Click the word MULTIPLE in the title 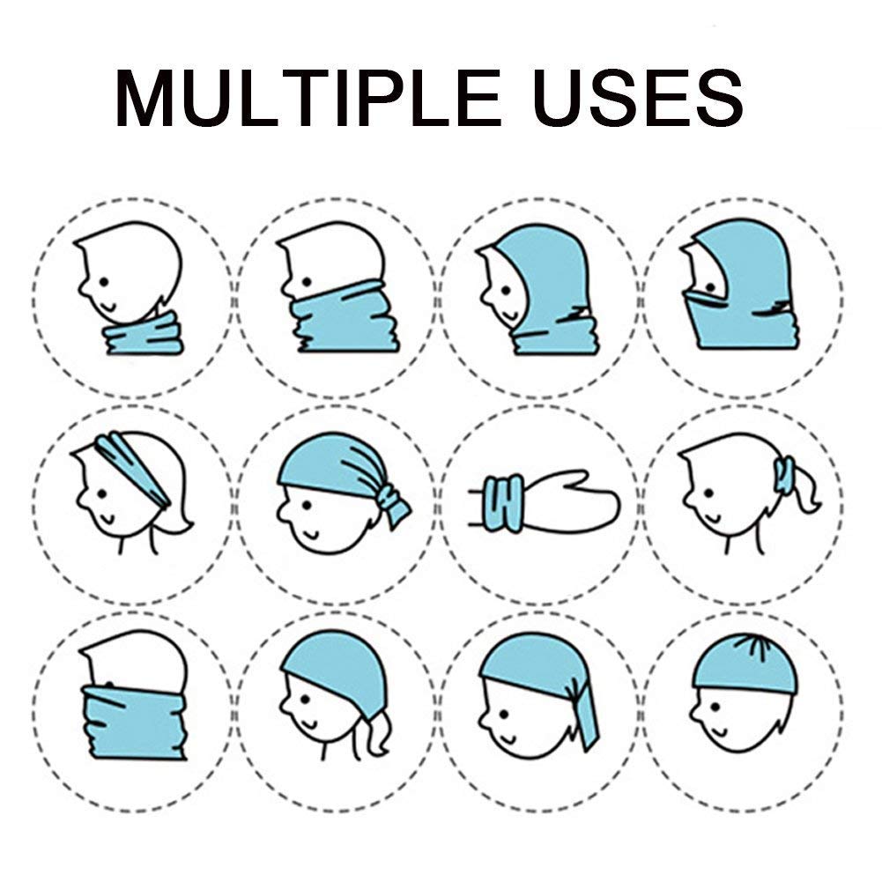308,98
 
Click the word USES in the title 639,98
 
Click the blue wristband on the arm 503,503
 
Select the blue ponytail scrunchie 783,475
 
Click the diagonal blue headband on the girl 132,470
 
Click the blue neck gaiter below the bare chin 145,334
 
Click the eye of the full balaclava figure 710,288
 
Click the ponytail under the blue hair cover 374,736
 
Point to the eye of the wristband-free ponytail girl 708,493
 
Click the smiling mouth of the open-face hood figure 509,314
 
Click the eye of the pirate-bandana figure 307,505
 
